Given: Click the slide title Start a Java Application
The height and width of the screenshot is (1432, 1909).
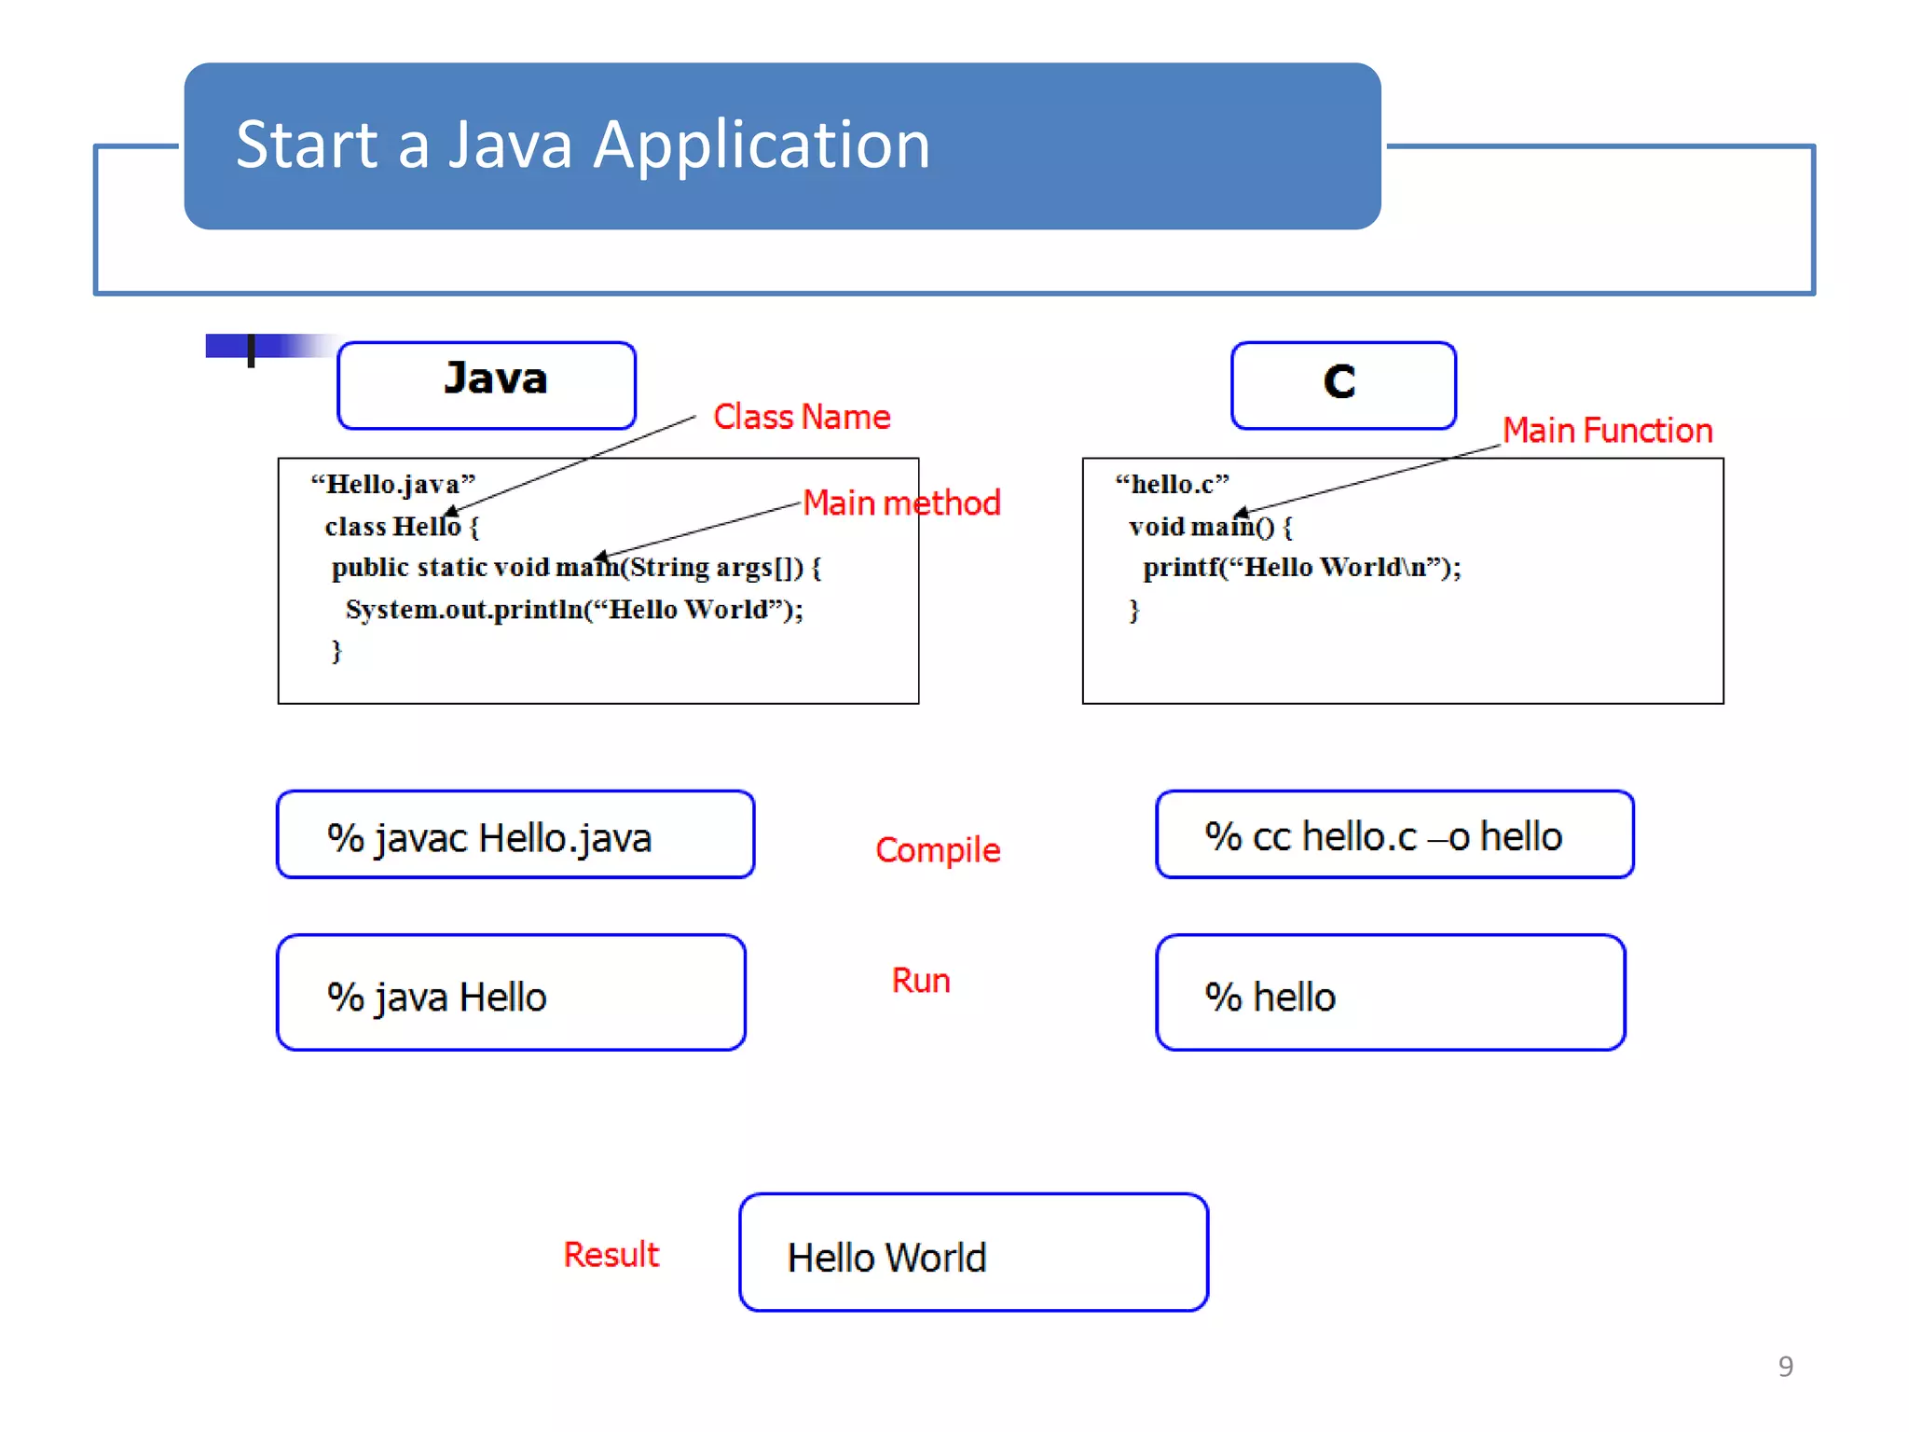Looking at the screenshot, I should [x=583, y=145].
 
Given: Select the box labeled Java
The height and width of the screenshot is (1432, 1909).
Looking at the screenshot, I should [x=487, y=384].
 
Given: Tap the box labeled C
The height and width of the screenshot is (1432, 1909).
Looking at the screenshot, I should [x=1342, y=384].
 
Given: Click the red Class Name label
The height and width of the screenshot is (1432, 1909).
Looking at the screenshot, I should [x=802, y=417].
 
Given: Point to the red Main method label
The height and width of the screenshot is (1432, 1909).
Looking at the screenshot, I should [x=901, y=503].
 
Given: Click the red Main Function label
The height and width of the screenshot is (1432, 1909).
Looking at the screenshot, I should [x=1607, y=431].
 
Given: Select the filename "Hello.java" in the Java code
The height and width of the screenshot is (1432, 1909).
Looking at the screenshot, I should [x=392, y=484].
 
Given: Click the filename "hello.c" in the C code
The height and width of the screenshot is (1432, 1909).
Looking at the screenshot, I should [x=1172, y=484].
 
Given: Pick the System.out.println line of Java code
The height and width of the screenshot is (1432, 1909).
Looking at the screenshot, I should [x=573, y=610].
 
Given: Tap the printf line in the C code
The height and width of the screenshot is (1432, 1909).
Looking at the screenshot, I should [x=1301, y=567].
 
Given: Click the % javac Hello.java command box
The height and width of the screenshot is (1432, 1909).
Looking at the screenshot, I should [x=515, y=835].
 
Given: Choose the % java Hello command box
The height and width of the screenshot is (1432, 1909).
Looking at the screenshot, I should [x=511, y=994].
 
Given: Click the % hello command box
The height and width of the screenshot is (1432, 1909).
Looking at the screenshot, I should [x=1390, y=994].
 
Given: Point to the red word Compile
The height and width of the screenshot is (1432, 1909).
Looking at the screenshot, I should [x=938, y=849].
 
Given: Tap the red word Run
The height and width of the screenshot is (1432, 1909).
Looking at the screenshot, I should [x=921, y=981].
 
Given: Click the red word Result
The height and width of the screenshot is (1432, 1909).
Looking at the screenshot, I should [x=611, y=1255].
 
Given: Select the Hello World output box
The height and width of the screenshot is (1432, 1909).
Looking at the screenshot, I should [x=973, y=1253].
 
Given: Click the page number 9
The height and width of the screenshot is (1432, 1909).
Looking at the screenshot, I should [x=1785, y=1367].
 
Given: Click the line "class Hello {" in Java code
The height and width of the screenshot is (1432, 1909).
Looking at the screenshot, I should [x=401, y=527].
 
